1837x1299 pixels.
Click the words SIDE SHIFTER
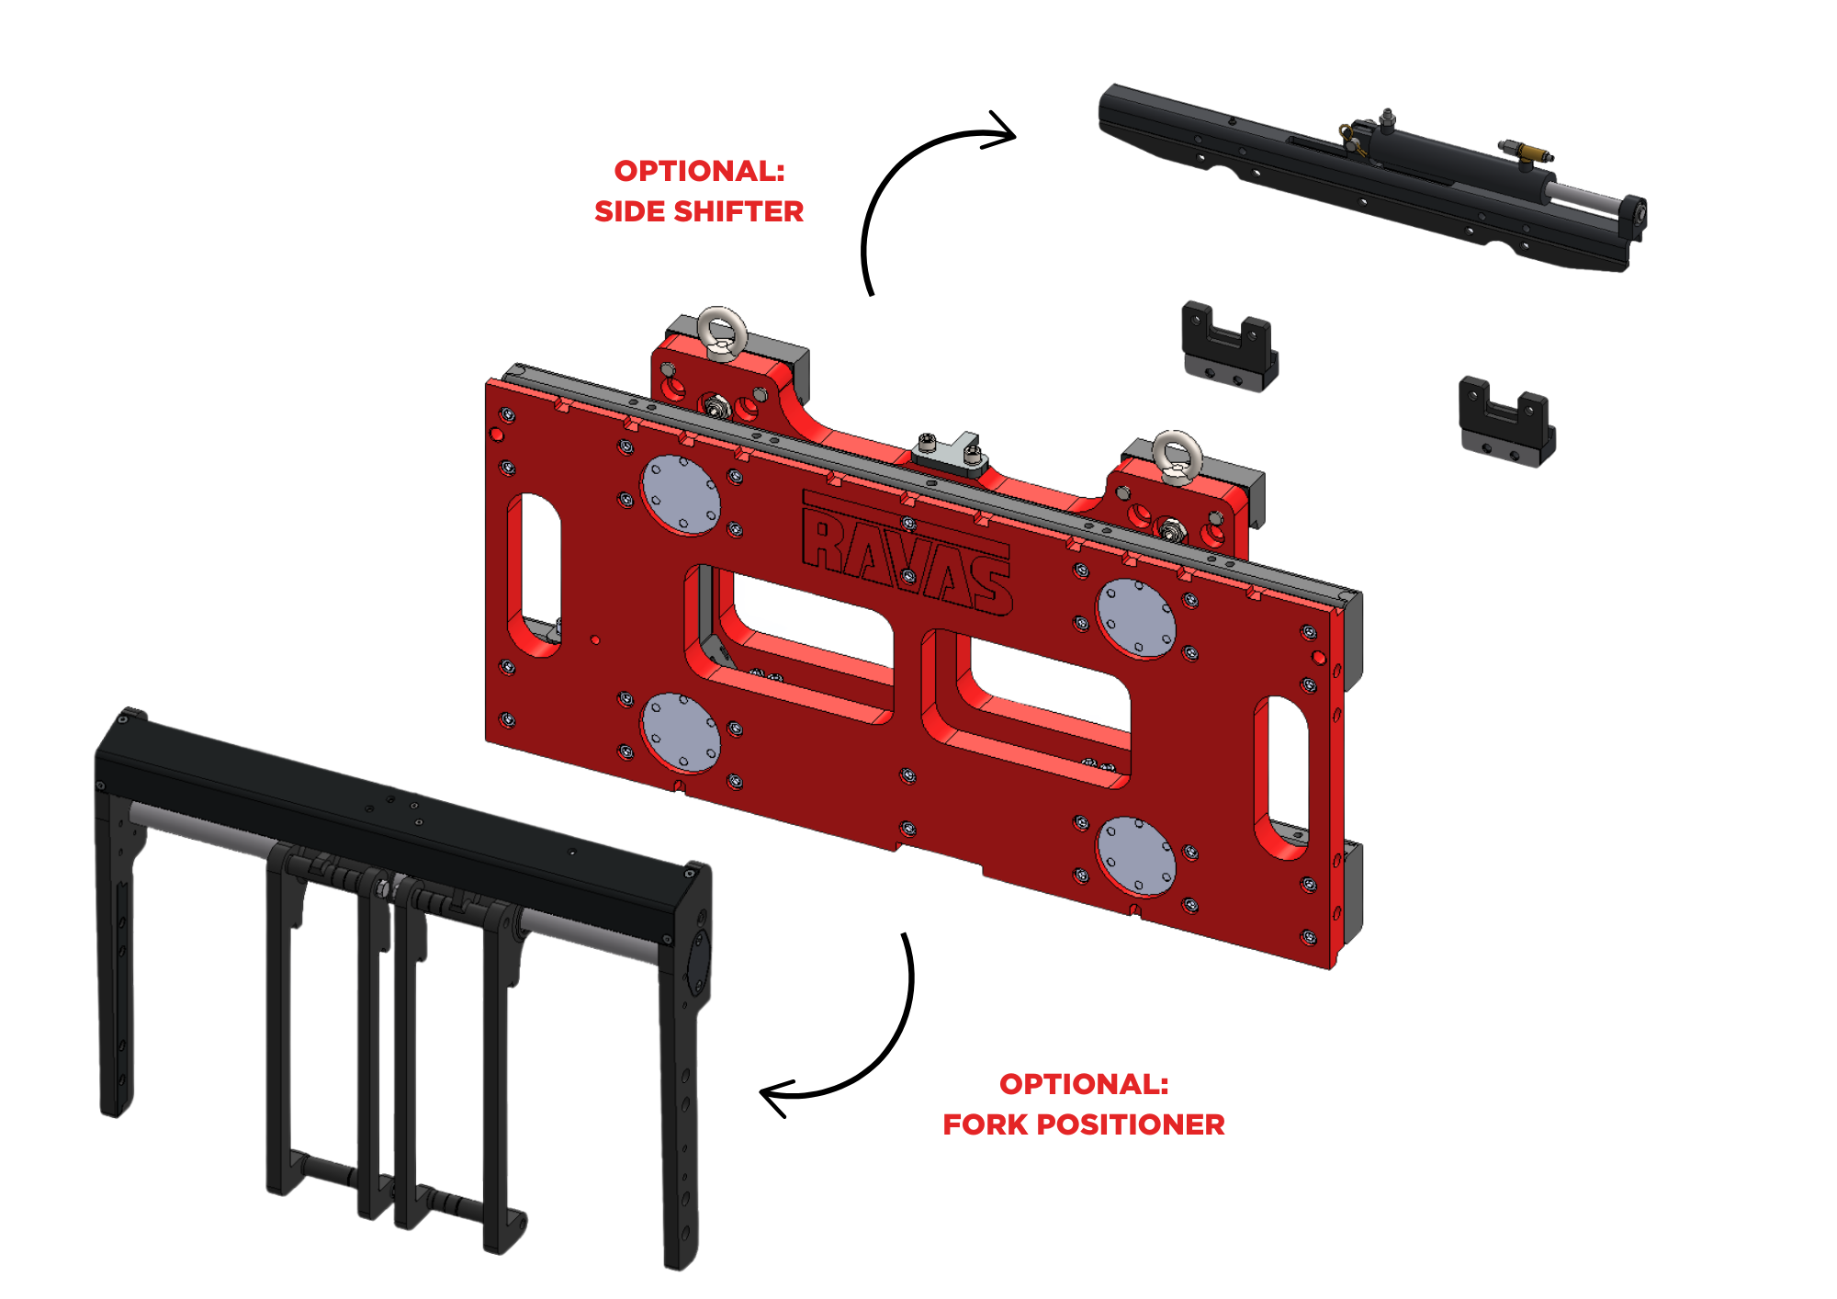[x=699, y=211]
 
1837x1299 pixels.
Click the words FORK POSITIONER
[x=1084, y=1124]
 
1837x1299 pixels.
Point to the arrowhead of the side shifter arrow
[x=1001, y=131]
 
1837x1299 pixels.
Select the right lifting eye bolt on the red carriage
[x=1178, y=457]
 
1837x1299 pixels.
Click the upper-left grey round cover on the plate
[x=681, y=494]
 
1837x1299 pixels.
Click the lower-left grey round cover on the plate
[x=681, y=733]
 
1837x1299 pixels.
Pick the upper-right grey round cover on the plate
[x=1137, y=618]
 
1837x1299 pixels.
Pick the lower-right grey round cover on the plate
[x=1137, y=855]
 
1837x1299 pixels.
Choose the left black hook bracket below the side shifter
[x=1229, y=345]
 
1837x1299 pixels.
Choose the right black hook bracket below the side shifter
[x=1506, y=421]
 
